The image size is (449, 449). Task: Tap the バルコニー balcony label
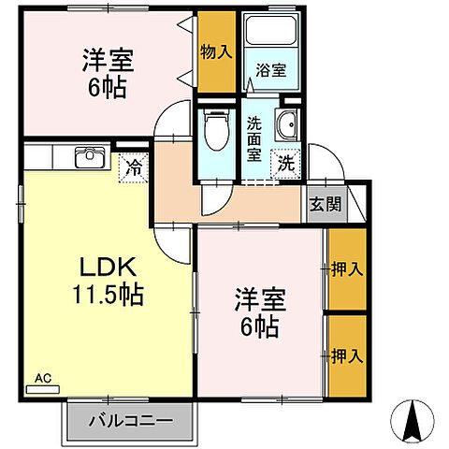click(x=131, y=421)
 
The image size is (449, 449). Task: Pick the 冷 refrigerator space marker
click(x=133, y=169)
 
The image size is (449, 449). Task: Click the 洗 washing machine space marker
click(x=286, y=164)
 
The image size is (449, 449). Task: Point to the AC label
click(x=43, y=379)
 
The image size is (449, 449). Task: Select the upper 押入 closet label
click(x=347, y=269)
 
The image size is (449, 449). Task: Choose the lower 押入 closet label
click(x=347, y=355)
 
